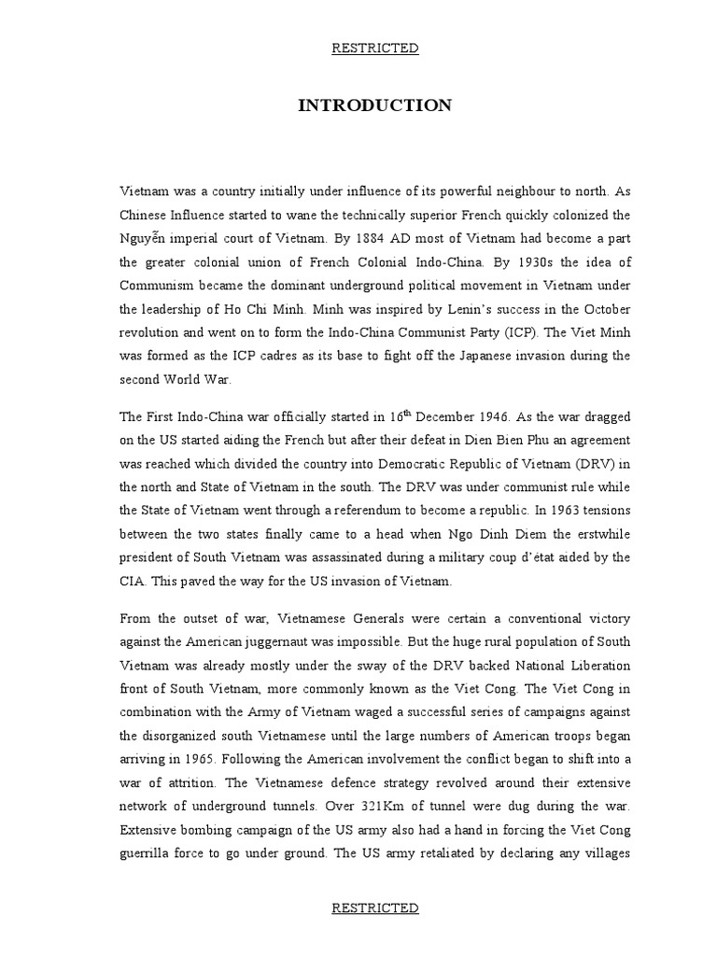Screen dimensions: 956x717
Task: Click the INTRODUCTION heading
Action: point(374,105)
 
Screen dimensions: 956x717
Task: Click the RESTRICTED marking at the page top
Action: point(374,49)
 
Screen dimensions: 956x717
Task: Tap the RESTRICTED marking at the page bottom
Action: point(374,907)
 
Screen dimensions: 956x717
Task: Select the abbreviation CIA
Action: point(131,581)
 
